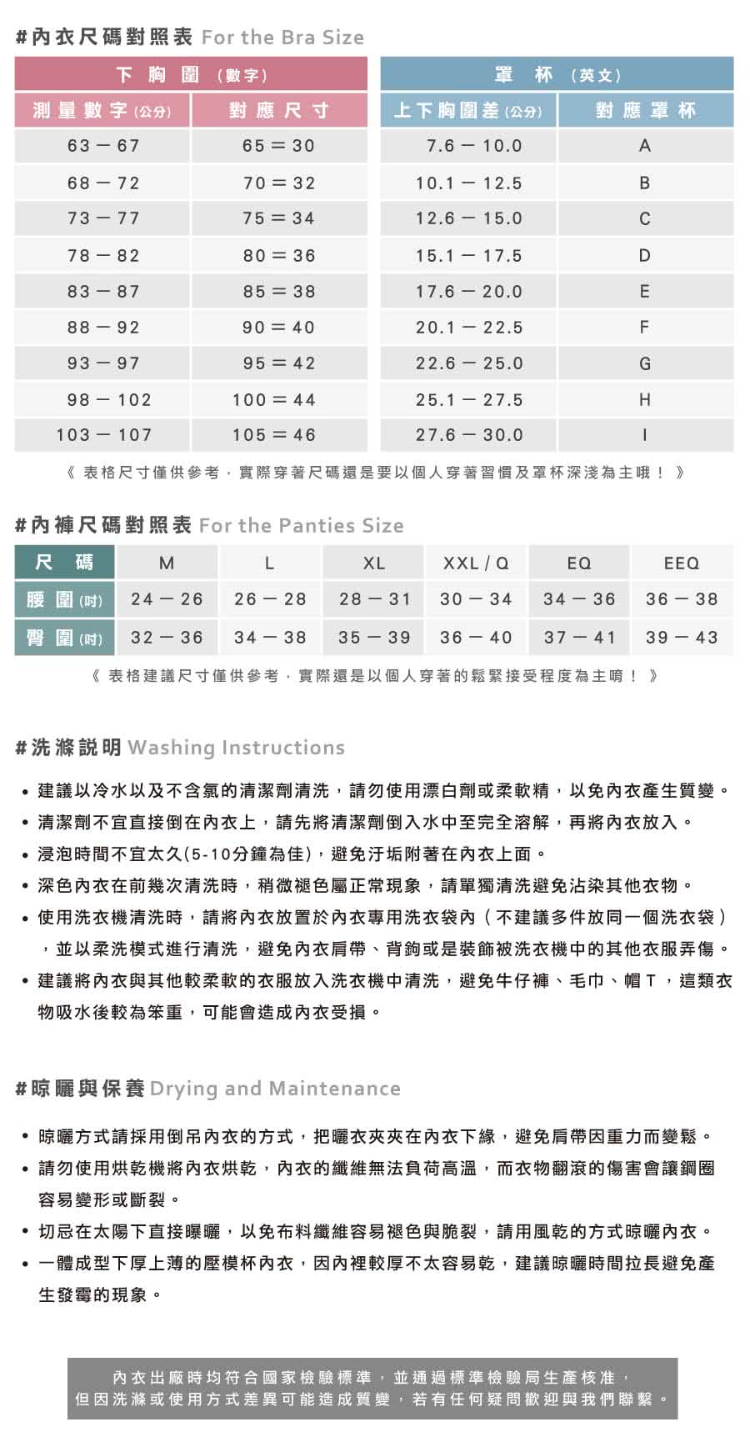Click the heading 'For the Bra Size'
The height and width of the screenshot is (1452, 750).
click(x=282, y=38)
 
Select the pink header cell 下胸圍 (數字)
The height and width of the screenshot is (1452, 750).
click(x=191, y=75)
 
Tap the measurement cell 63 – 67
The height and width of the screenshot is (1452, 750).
click(x=103, y=146)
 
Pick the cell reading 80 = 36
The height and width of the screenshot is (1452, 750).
click(x=279, y=256)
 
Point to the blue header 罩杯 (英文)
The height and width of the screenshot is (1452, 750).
click(x=557, y=75)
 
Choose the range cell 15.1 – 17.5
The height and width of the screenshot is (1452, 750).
click(x=469, y=256)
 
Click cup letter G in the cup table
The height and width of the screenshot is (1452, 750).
click(x=645, y=363)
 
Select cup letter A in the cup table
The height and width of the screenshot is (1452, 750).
click(x=645, y=146)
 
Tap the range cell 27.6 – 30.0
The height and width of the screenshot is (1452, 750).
click(x=469, y=435)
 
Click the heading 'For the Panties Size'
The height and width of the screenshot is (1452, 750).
click(x=301, y=526)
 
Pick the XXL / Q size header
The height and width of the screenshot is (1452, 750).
click(x=476, y=563)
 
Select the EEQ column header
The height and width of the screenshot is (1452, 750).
click(x=682, y=563)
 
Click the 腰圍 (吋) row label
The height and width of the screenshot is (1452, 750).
click(x=64, y=599)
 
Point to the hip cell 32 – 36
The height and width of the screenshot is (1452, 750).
click(x=167, y=638)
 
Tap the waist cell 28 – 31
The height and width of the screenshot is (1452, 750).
click(x=374, y=599)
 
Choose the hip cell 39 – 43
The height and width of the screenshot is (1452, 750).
click(x=682, y=638)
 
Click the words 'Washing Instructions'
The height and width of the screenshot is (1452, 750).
click(x=236, y=748)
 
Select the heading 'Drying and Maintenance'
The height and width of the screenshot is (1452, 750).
click(x=275, y=1089)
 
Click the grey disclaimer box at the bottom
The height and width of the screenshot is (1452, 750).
click(x=372, y=1389)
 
